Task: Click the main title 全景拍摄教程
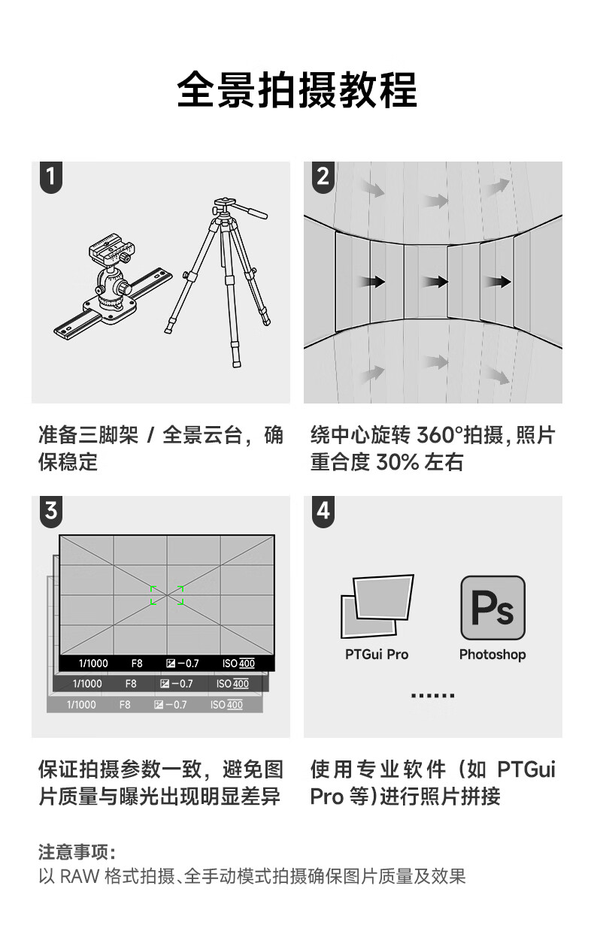point(296,90)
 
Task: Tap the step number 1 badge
point(51,177)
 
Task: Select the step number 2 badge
point(323,177)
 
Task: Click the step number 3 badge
point(51,511)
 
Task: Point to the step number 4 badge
point(323,511)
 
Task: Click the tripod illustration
point(223,282)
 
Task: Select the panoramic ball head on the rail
point(113,281)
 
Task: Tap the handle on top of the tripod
point(252,211)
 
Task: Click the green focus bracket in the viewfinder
point(167,595)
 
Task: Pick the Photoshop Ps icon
point(492,607)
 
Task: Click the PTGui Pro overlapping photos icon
point(377,606)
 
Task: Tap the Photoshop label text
point(492,654)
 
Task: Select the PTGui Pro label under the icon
point(377,654)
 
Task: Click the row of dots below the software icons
point(432,696)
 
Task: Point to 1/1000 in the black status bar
point(93,664)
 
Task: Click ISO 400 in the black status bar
point(238,664)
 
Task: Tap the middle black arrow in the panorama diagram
point(434,282)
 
